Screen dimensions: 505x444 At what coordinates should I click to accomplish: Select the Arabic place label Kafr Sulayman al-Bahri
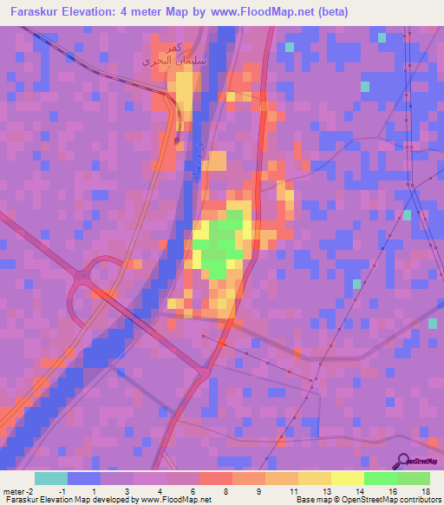(x=164, y=55)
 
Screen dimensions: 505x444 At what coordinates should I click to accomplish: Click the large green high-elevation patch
(x=223, y=243)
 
